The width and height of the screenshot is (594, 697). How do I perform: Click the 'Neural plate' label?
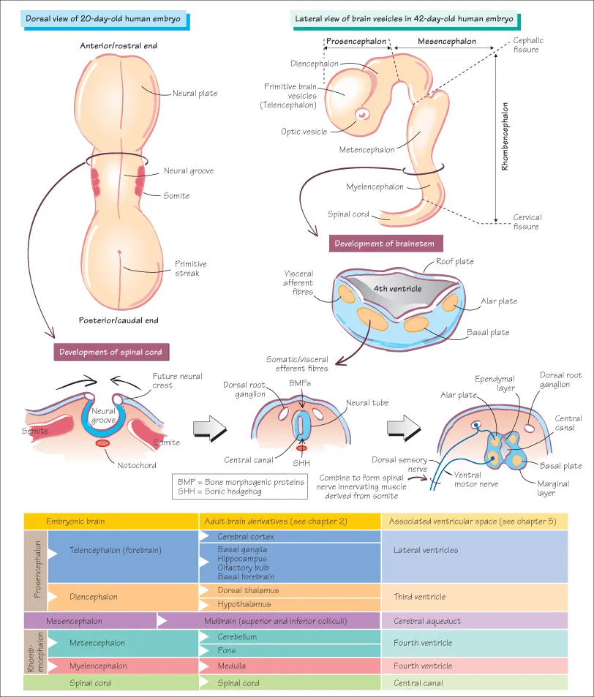(x=195, y=94)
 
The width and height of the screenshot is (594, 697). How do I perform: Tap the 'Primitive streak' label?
(x=191, y=268)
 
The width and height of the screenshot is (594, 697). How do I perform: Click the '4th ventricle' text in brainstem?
(x=397, y=288)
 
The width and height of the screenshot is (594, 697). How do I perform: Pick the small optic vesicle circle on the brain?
(x=362, y=115)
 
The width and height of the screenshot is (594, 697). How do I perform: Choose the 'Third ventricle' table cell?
(x=419, y=597)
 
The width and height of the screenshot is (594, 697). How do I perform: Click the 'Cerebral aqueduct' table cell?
(x=427, y=621)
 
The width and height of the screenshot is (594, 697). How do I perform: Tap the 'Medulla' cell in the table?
(x=232, y=666)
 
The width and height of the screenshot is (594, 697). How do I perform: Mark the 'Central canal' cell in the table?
(x=418, y=683)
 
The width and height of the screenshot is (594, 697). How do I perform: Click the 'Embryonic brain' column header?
(x=76, y=521)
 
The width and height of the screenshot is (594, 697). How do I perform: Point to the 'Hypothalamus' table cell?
(x=244, y=604)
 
